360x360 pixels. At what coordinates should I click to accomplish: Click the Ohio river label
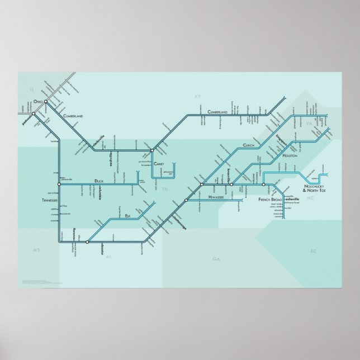(x=38, y=101)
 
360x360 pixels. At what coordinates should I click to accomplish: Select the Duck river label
(x=99, y=181)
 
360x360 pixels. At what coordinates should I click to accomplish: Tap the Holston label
(x=291, y=156)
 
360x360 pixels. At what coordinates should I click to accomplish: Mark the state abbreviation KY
(x=197, y=97)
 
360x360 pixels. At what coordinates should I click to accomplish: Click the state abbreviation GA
(x=216, y=259)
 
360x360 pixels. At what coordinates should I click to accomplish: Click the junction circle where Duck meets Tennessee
(x=59, y=183)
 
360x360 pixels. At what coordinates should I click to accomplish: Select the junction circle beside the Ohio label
(x=46, y=102)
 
